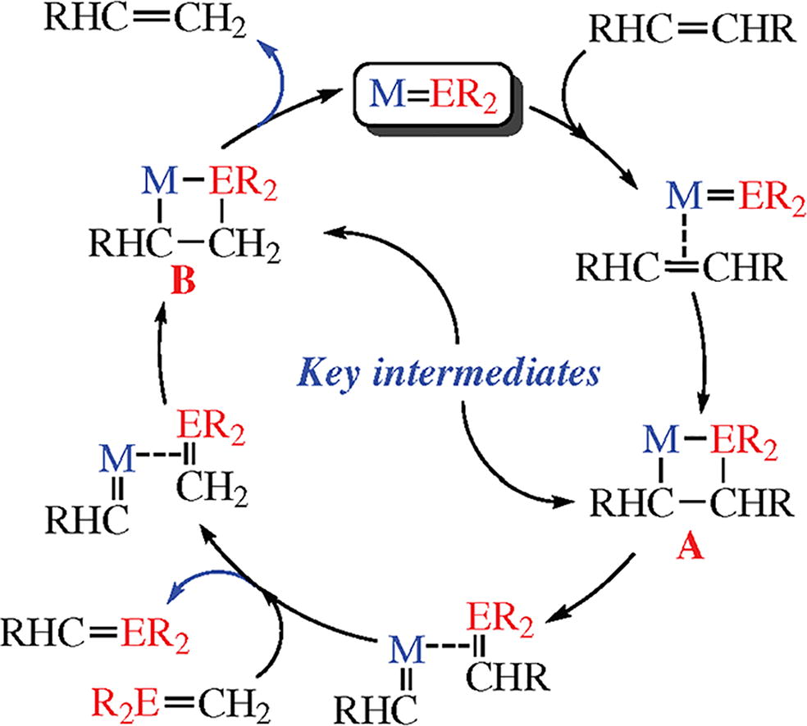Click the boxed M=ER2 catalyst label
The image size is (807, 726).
[433, 93]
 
